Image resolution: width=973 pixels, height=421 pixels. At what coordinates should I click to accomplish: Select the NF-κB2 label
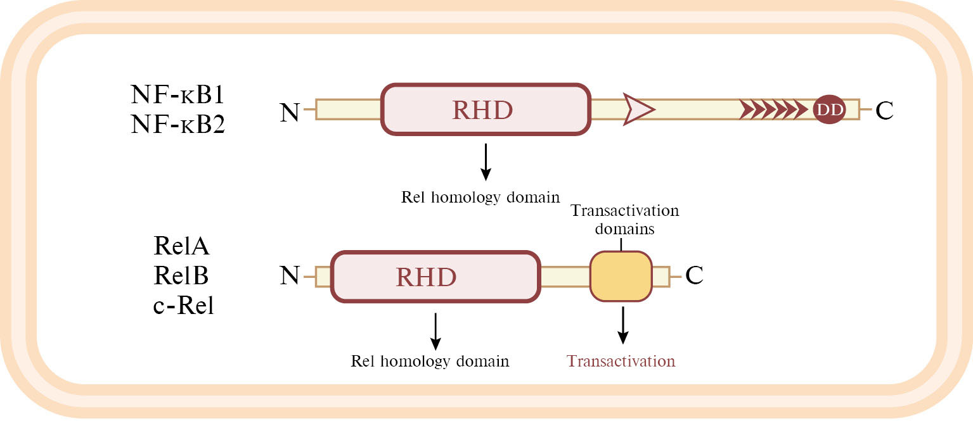click(x=177, y=124)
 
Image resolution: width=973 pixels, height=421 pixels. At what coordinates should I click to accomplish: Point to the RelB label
click(x=181, y=275)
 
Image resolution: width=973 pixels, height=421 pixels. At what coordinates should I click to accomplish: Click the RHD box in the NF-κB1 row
click(x=486, y=110)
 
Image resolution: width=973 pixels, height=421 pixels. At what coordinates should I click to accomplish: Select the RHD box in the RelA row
click(x=435, y=277)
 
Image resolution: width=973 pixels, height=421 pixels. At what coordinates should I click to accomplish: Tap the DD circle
click(x=828, y=110)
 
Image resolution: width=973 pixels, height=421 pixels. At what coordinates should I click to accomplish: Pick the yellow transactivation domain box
click(x=621, y=276)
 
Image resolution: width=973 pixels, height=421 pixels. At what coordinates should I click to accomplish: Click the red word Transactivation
click(x=621, y=361)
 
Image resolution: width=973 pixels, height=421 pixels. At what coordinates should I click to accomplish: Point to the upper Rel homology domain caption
click(x=480, y=197)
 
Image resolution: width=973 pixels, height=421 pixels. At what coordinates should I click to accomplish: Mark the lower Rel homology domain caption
click(x=430, y=361)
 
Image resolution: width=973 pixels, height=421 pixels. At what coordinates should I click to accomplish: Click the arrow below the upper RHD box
click(x=485, y=161)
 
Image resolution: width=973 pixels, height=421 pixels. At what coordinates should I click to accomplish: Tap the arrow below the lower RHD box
click(x=435, y=330)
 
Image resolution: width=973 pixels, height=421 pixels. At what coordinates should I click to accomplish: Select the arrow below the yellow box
click(x=623, y=325)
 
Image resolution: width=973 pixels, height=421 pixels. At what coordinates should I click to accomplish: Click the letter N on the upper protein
click(x=290, y=112)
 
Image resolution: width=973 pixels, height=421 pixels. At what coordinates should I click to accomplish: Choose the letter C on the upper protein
click(x=884, y=111)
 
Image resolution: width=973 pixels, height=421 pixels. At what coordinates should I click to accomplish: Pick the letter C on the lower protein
click(x=694, y=276)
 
